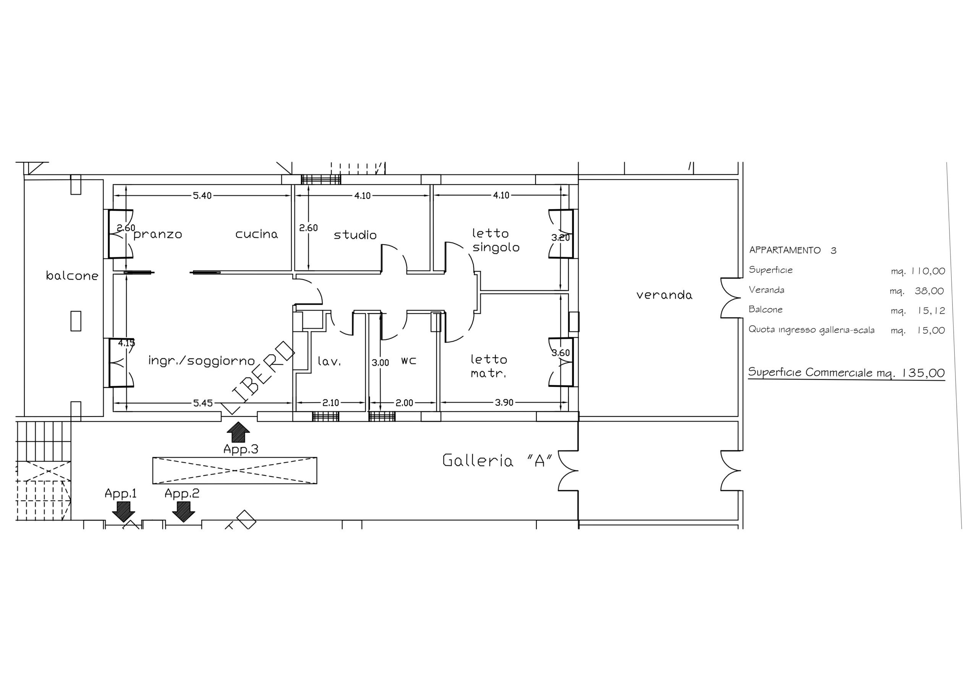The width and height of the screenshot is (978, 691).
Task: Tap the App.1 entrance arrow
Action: point(123,511)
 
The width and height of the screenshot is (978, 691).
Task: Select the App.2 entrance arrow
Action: point(184,511)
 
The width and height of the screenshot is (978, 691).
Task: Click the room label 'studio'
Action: point(355,235)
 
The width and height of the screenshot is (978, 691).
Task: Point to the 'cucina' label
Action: point(257,234)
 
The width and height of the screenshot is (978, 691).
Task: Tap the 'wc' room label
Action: point(408,361)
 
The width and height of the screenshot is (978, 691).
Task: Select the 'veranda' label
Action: point(664,295)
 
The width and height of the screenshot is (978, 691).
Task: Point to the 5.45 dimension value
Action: point(203,403)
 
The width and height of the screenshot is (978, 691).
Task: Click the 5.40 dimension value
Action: point(202,196)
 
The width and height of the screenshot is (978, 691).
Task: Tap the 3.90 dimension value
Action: point(504,402)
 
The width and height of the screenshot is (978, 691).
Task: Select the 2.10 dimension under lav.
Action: point(330,403)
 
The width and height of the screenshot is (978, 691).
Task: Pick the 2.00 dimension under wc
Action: point(404,403)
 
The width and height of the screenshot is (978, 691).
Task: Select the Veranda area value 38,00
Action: point(929,291)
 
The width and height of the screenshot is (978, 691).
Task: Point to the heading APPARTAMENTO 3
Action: point(793,250)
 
